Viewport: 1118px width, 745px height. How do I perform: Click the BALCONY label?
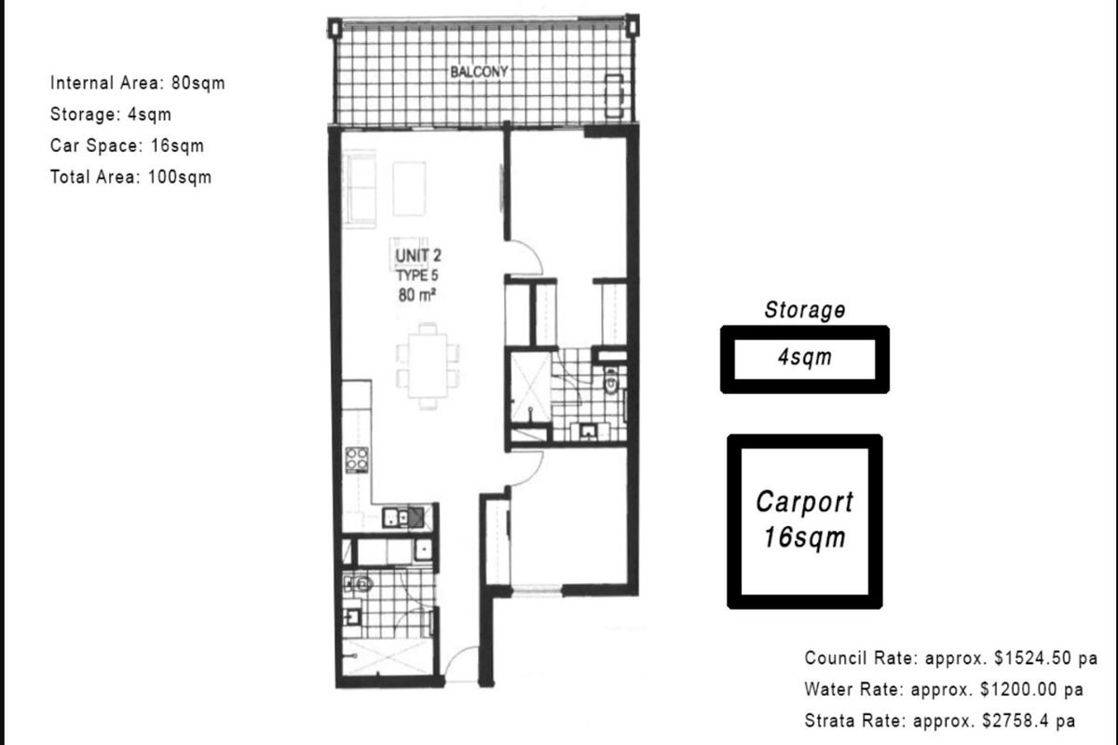pos(479,72)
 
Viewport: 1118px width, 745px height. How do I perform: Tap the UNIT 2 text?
pos(418,255)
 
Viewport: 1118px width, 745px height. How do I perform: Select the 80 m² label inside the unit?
pos(416,295)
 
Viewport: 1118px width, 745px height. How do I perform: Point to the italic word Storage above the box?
pos(805,310)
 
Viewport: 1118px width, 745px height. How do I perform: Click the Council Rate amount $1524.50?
pos(1031,658)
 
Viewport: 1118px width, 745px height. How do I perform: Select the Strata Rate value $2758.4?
pos(1015,721)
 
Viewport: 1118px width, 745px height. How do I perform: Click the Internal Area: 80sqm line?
pos(138,83)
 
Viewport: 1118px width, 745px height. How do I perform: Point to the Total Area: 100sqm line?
pos(130,177)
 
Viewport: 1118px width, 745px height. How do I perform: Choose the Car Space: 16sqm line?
pos(128,145)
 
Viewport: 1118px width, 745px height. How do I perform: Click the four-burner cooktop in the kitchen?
pos(357,460)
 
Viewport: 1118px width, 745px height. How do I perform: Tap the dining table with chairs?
pos(428,366)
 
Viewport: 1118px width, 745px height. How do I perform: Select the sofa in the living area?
pos(360,189)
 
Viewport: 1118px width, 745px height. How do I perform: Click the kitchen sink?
pos(402,518)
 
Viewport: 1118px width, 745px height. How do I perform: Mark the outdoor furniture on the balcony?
pos(614,96)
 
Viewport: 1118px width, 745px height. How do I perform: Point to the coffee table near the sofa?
pos(409,189)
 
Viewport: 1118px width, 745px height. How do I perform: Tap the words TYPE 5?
pos(417,276)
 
